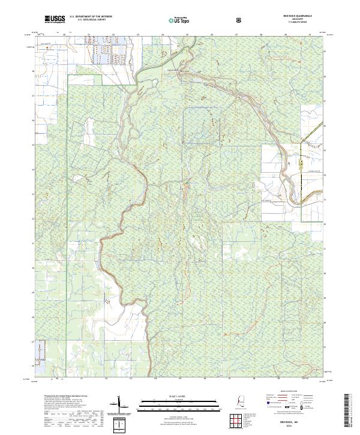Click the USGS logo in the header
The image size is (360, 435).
(x=55, y=19)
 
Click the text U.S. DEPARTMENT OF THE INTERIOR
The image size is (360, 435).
(x=91, y=17)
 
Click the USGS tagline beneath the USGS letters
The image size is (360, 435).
(x=55, y=23)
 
